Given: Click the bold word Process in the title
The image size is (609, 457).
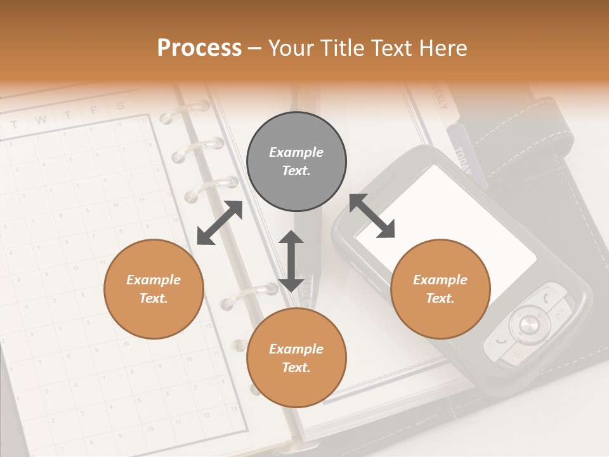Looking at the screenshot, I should [199, 48].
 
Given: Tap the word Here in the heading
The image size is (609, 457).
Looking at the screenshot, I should [442, 48].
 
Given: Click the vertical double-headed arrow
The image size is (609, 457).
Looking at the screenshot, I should [291, 261].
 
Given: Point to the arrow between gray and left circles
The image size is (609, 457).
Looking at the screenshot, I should [219, 222].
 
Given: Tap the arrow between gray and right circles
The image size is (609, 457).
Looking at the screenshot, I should [372, 216].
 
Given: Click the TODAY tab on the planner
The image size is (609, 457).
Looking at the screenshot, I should [462, 159].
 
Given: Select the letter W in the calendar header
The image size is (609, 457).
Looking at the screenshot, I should [41, 120].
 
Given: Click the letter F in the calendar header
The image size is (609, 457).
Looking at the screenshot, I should [93, 111].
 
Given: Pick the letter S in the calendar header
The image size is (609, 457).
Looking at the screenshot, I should [120, 106].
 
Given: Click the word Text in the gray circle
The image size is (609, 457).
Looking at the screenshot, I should [296, 171].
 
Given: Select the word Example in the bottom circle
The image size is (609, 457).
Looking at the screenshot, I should [296, 349].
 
